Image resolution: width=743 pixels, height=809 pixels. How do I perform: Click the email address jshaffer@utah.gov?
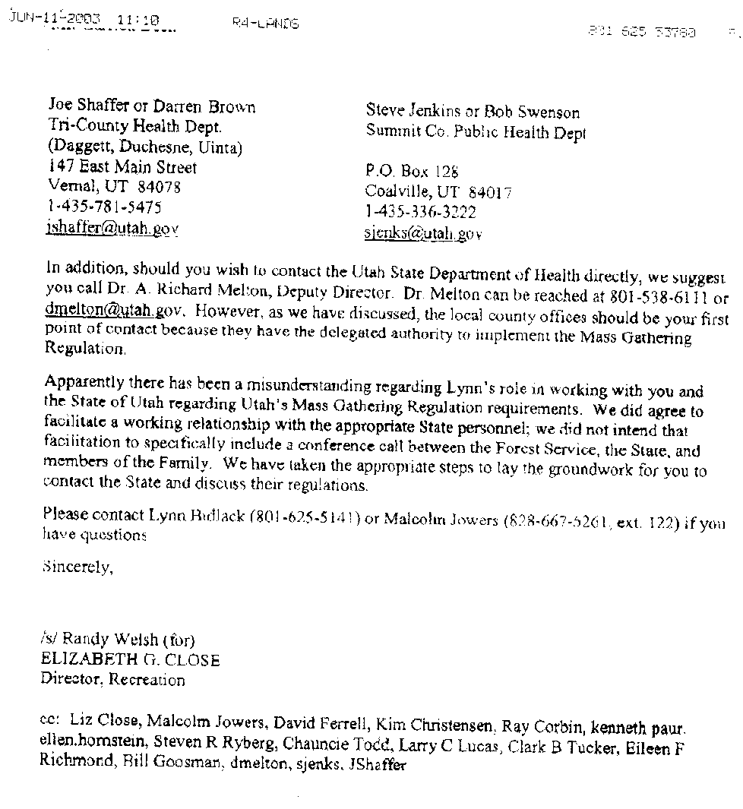112,228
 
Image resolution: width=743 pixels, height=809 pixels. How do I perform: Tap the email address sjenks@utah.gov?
423,234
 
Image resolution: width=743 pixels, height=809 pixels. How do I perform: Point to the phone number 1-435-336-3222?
420,213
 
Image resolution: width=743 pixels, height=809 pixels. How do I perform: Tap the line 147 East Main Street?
122,167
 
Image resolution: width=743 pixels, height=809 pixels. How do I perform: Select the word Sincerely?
77,567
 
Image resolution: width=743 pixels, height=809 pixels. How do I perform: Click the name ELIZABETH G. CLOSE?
131,660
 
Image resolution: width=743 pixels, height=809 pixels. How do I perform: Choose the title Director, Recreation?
112,680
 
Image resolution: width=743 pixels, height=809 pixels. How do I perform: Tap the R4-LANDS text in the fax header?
265,24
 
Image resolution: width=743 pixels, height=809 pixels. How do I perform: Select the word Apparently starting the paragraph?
82,382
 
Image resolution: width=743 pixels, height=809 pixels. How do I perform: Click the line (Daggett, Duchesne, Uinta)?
144,147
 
